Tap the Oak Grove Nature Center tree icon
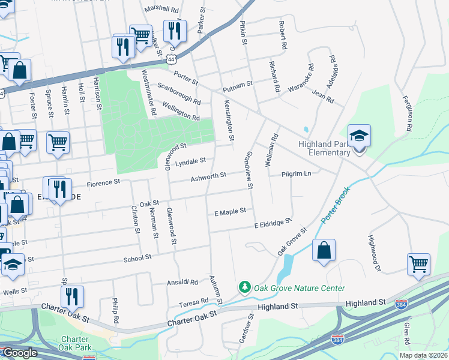pyautogui.click(x=244, y=288)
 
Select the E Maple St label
pyautogui.click(x=230, y=211)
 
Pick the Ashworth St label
pyautogui.click(x=208, y=176)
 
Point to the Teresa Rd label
pyautogui.click(x=196, y=301)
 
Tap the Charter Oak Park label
pyautogui.click(x=74, y=343)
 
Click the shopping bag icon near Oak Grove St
pyautogui.click(x=324, y=251)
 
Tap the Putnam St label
pyautogui.click(x=238, y=88)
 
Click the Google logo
pyautogui.click(x=20, y=353)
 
